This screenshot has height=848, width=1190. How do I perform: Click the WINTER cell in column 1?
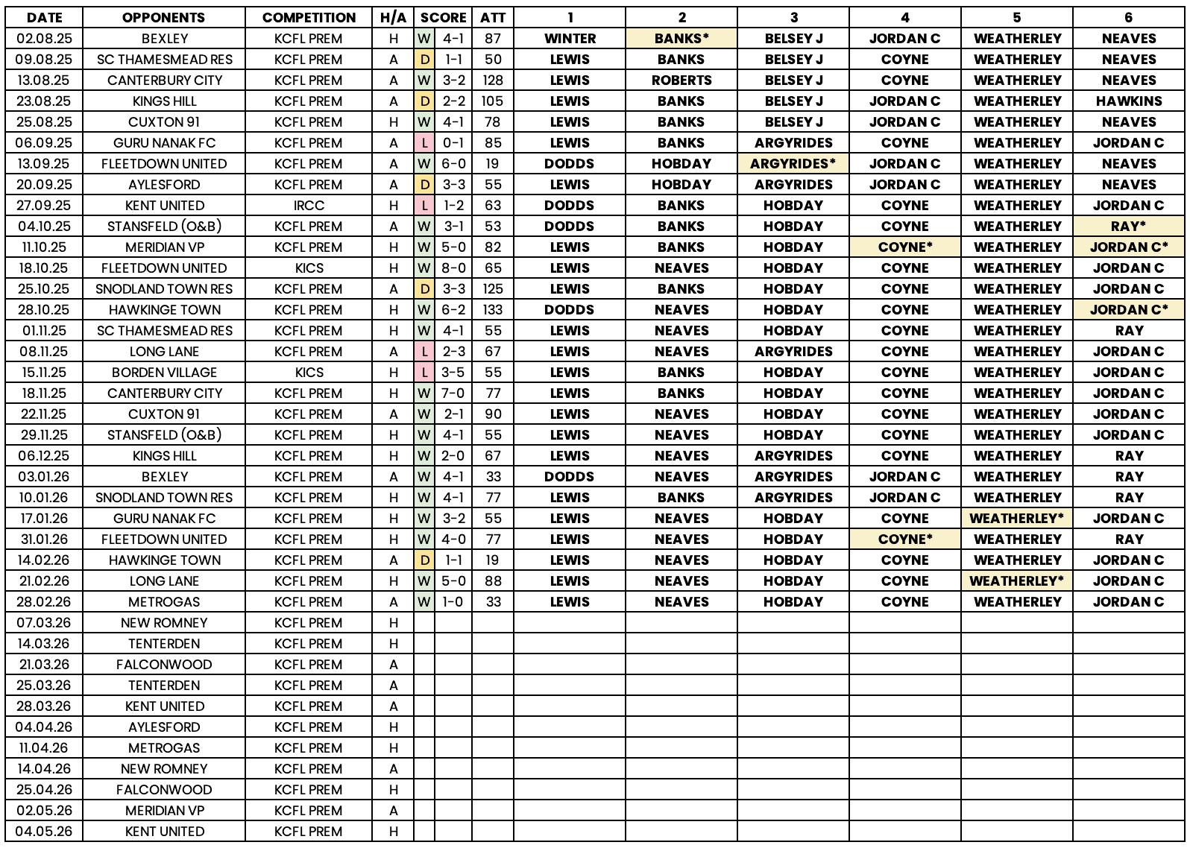click(570, 39)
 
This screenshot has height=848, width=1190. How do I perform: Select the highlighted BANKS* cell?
click(681, 39)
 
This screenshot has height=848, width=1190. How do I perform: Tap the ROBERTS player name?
click(681, 80)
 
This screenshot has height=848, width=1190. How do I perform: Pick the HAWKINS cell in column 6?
click(1128, 101)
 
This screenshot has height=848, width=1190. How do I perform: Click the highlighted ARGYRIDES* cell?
click(793, 164)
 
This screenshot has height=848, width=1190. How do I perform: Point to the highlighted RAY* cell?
click(1128, 227)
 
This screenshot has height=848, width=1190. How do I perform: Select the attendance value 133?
click(492, 310)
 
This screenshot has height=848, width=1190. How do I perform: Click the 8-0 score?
click(453, 268)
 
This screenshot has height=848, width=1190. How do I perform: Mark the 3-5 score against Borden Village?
click(453, 373)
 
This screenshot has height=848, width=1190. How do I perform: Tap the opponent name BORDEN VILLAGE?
click(164, 373)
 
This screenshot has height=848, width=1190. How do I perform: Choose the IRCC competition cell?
click(309, 206)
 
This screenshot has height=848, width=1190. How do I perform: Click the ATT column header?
click(492, 17)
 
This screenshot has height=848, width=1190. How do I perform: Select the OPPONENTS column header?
click(164, 17)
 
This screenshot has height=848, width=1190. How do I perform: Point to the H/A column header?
click(393, 17)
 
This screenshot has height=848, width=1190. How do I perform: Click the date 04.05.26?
click(44, 832)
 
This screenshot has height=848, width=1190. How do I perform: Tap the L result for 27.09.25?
click(424, 206)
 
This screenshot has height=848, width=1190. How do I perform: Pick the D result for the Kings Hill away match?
click(424, 101)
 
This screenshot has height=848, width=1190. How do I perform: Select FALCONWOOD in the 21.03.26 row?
click(164, 665)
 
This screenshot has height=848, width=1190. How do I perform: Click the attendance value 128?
click(492, 80)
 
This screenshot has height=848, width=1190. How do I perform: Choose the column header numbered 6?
click(1128, 17)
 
